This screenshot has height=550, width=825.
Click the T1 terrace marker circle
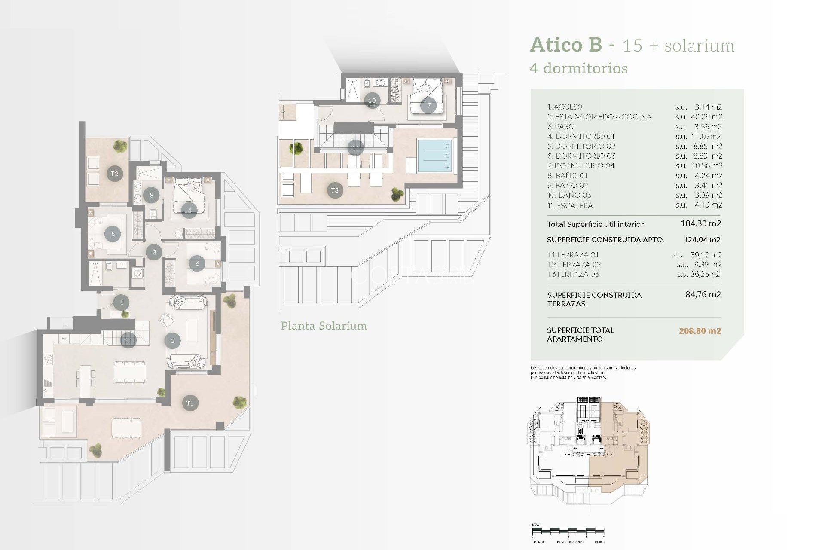tap(190, 403)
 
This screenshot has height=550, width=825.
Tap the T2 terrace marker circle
tap(114, 174)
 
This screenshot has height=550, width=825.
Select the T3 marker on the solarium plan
tap(335, 190)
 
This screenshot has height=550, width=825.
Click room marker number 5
tap(113, 234)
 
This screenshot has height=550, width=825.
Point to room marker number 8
tap(151, 195)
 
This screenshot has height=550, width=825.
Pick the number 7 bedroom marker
tap(428, 105)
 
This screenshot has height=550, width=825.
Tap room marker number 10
tap(372, 101)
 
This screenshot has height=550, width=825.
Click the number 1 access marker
tap(122, 302)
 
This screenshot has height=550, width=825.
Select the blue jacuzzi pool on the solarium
tap(435, 156)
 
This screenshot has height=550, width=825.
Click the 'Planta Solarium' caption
tap(324, 326)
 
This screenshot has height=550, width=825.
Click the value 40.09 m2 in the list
tap(706, 117)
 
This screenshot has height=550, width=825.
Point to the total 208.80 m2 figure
tap(700, 331)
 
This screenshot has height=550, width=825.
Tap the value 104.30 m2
tap(700, 223)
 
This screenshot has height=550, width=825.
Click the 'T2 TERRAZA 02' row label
tap(574, 264)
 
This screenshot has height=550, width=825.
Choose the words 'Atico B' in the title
tap(566, 45)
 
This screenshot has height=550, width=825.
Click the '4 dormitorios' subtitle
tap(578, 68)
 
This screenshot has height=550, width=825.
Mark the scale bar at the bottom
tap(568, 532)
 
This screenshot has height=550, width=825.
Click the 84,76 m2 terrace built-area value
tap(703, 295)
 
